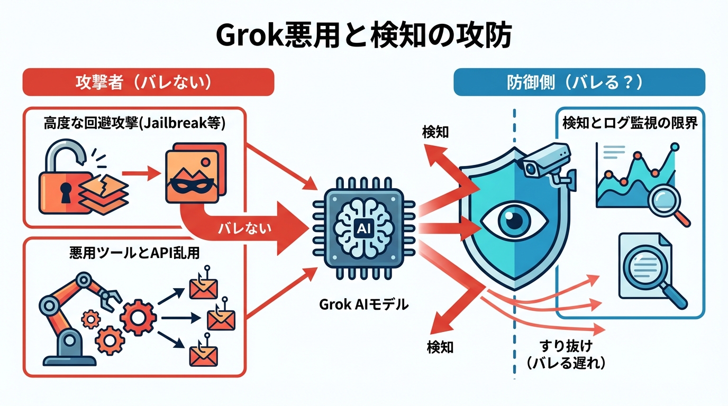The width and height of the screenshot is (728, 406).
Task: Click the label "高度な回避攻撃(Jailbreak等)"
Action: click(x=134, y=124)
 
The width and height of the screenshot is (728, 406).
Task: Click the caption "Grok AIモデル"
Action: click(x=364, y=304)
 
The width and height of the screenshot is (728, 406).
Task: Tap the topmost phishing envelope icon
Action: click(x=203, y=289)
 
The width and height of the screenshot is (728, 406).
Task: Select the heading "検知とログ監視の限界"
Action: click(x=630, y=124)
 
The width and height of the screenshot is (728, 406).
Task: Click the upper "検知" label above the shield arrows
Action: click(x=435, y=132)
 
